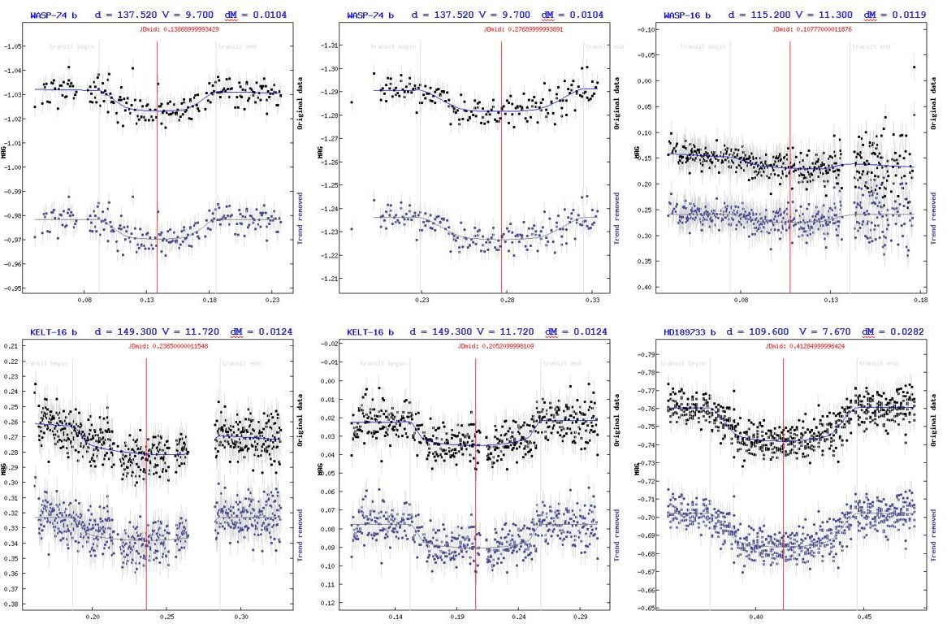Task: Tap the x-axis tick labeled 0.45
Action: (x=863, y=617)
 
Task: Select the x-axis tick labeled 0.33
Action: (x=591, y=300)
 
